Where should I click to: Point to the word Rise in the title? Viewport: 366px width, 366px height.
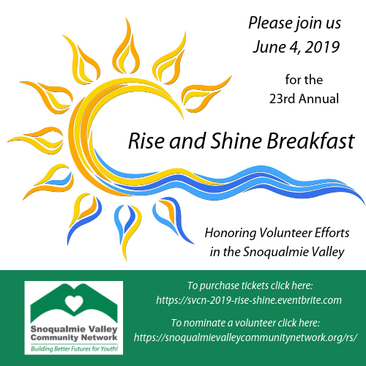pyautogui.click(x=146, y=141)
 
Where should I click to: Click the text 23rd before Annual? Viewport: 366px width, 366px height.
pyautogui.click(x=283, y=99)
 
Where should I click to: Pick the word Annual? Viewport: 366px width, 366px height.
pyautogui.click(x=319, y=99)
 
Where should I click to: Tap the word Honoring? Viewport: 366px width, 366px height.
pyautogui.click(x=231, y=234)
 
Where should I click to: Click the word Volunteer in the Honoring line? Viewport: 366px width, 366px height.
pyautogui.click(x=285, y=233)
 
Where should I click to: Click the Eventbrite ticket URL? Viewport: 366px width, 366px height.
pyautogui.click(x=249, y=300)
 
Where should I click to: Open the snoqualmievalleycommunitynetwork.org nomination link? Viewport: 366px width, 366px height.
pyautogui.click(x=245, y=338)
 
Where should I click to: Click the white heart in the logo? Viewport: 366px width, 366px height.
pyautogui.click(x=74, y=303)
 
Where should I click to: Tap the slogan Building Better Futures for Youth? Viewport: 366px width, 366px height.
pyautogui.click(x=75, y=349)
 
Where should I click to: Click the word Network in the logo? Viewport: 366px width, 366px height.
pyautogui.click(x=99, y=338)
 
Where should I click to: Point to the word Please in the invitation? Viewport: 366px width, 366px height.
pyautogui.click(x=271, y=23)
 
